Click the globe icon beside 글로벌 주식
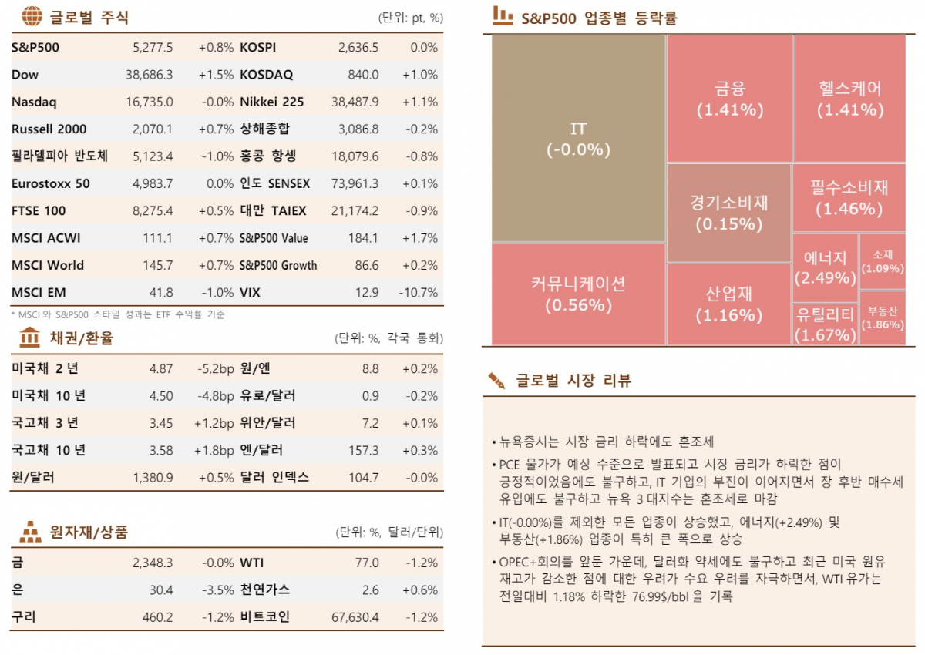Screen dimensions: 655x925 [32, 16]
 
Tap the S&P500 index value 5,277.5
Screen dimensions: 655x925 [153, 48]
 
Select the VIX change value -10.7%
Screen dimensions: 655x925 [419, 292]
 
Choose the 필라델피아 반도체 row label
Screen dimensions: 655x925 [59, 156]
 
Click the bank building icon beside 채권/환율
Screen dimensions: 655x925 [30, 338]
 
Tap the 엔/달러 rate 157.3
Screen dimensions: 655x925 [364, 450]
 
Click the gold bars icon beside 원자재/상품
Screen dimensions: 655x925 [31, 532]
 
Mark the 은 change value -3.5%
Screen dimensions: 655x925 [217, 589]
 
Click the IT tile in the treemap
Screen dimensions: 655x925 [578, 139]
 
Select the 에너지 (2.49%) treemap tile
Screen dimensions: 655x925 [825, 267]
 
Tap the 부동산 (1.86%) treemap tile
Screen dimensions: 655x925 [882, 317]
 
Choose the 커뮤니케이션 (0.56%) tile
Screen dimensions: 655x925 [578, 294]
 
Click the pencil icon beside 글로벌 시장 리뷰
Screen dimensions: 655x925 [496, 380]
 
